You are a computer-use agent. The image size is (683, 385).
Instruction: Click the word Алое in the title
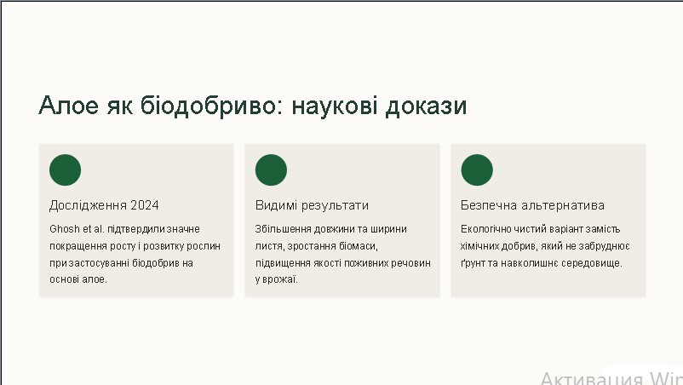[68, 106]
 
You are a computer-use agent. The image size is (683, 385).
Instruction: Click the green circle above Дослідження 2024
[66, 170]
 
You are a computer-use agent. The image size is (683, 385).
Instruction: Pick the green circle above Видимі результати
[271, 170]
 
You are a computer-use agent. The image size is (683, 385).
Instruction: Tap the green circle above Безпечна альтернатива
[477, 170]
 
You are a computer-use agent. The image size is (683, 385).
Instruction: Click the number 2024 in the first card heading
[145, 205]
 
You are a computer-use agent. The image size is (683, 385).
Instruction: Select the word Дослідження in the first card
[88, 205]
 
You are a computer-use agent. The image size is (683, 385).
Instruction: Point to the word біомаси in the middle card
[361, 246]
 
